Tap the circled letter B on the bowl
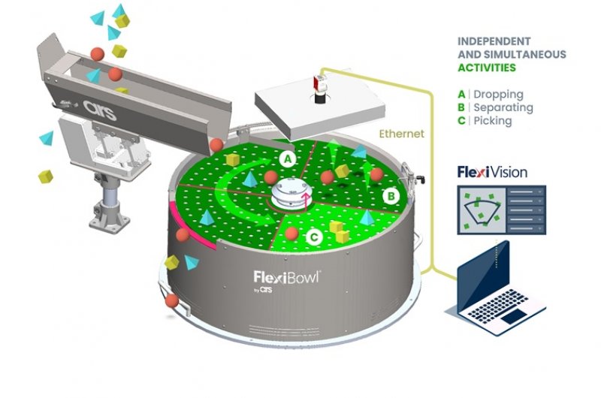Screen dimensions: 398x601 pyautogui.click(x=390, y=197)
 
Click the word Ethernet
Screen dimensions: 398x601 pyautogui.click(x=402, y=134)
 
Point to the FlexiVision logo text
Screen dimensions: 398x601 pyautogui.click(x=492, y=172)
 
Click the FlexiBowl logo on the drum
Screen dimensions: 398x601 pyautogui.click(x=288, y=277)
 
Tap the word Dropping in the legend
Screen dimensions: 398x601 pyautogui.click(x=499, y=95)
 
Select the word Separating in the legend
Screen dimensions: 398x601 pyautogui.click(x=503, y=107)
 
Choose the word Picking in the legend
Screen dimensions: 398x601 pyautogui.click(x=493, y=120)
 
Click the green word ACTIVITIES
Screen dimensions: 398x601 pyautogui.click(x=488, y=68)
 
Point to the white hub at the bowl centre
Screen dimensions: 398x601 pyautogui.click(x=290, y=194)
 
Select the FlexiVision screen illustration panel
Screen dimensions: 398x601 pyautogui.click(x=502, y=208)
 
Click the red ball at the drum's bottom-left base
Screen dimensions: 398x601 pyautogui.click(x=172, y=301)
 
